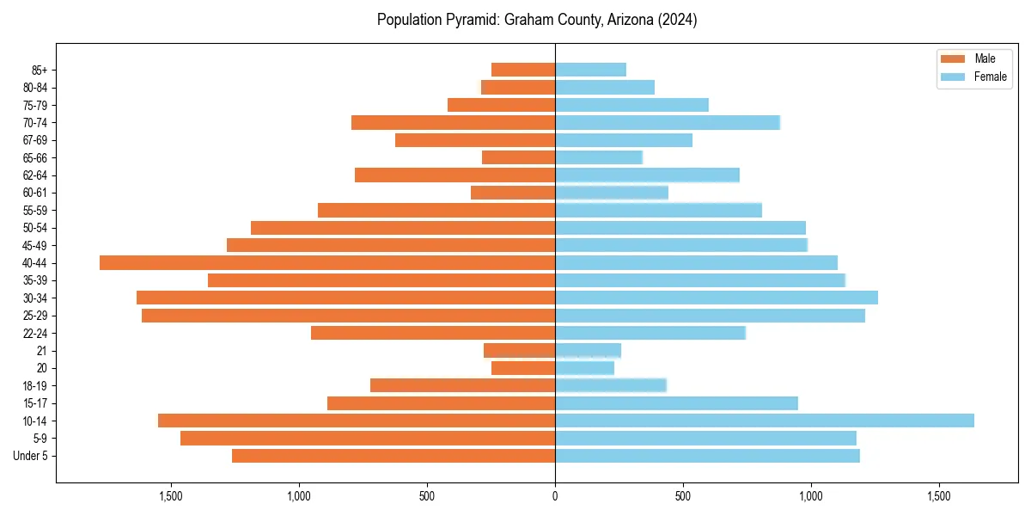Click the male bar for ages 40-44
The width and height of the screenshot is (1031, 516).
point(327,262)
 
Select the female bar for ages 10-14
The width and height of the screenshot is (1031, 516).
point(765,421)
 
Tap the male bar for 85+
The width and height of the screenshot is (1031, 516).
point(523,70)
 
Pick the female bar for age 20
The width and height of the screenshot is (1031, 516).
point(584,368)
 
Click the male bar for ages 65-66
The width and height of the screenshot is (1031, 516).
point(518,157)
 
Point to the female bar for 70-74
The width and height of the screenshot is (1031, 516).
point(668,122)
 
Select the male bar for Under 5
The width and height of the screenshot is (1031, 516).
point(393,456)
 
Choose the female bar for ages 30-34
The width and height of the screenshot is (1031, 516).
point(717,298)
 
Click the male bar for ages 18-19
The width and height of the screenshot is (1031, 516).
point(462,385)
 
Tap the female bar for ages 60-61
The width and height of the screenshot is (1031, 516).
point(612,193)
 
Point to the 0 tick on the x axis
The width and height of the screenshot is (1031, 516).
point(555,496)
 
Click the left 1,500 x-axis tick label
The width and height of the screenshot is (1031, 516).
point(171,496)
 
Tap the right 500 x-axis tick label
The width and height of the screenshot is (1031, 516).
point(683,496)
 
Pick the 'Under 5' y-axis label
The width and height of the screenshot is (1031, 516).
point(30,456)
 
